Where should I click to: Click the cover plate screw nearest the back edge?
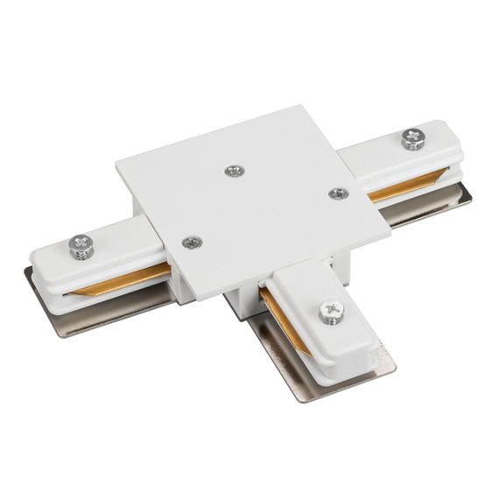234,170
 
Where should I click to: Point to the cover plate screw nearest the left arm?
189,242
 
